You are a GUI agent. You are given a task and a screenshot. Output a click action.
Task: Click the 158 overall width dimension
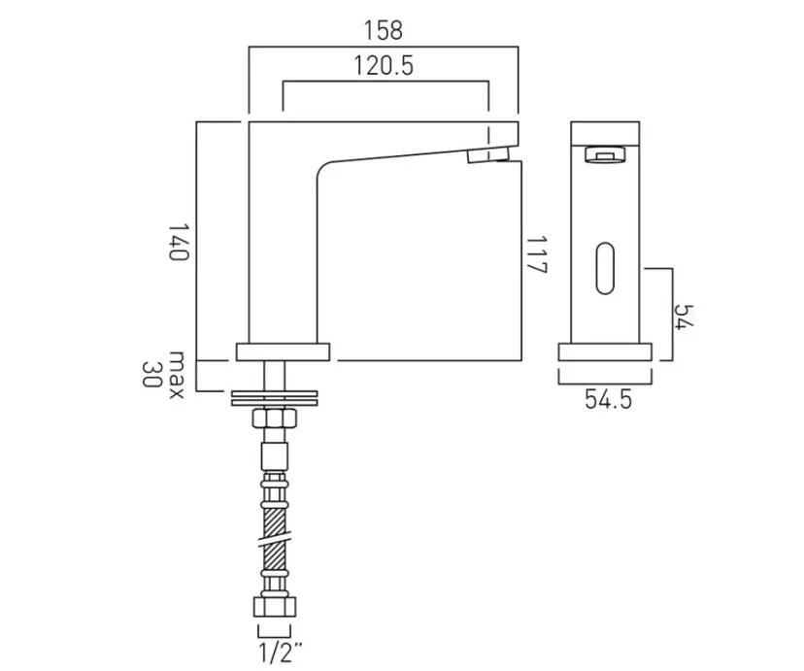(x=384, y=30)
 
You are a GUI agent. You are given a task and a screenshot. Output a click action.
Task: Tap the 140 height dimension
(x=177, y=241)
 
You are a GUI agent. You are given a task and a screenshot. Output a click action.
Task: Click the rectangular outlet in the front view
(x=605, y=152)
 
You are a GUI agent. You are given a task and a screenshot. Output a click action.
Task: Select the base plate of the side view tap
(x=285, y=351)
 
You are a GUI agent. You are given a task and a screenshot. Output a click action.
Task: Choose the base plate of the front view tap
(x=605, y=352)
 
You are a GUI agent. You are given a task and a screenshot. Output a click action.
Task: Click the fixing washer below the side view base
(x=274, y=396)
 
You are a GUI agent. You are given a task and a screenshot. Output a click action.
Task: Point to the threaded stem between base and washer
(x=274, y=374)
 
